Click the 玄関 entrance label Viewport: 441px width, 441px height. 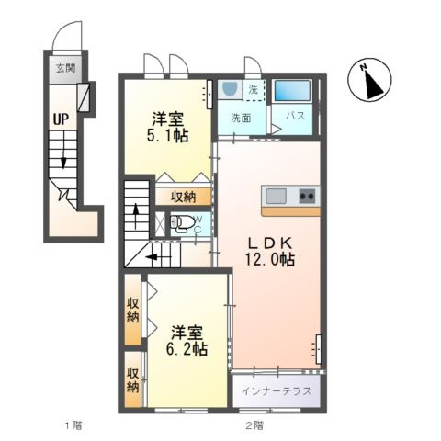click(65, 68)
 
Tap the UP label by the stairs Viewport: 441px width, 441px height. click(61, 119)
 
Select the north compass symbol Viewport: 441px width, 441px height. click(369, 79)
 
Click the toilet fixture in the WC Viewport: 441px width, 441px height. click(182, 222)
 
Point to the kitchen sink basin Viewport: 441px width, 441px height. click(276, 196)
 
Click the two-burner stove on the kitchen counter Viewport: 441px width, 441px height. click(307, 196)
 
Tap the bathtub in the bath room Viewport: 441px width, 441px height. click(292, 91)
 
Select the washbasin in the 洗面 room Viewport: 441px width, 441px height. click(230, 89)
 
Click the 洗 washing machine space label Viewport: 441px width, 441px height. click(253, 90)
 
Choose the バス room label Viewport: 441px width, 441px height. click(296, 116)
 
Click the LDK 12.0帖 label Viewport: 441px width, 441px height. click(269, 252)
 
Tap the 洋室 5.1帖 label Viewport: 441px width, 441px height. click(167, 128)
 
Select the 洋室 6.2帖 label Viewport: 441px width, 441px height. click(187, 341)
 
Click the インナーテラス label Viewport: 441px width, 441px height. click(277, 391)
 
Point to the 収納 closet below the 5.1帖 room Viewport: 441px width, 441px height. click(183, 197)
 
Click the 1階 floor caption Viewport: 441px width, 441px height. click(73, 425)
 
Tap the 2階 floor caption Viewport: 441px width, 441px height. click(254, 425)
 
